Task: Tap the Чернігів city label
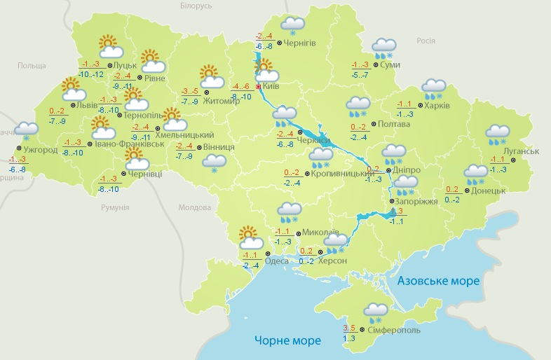pos(301,43)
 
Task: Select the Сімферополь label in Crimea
pos(394,329)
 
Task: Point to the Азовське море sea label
pos(439,281)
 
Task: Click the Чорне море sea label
pos(287,340)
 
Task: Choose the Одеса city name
pos(278,261)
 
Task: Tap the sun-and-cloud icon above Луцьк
pos(110,47)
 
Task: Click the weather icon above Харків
pos(433,89)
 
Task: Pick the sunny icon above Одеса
pos(249,237)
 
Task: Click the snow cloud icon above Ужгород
pos(27,130)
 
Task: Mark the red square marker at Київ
pos(259,86)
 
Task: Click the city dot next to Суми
pos(376,64)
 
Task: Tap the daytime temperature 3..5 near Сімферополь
pos(349,328)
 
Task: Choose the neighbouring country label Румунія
pos(115,208)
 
